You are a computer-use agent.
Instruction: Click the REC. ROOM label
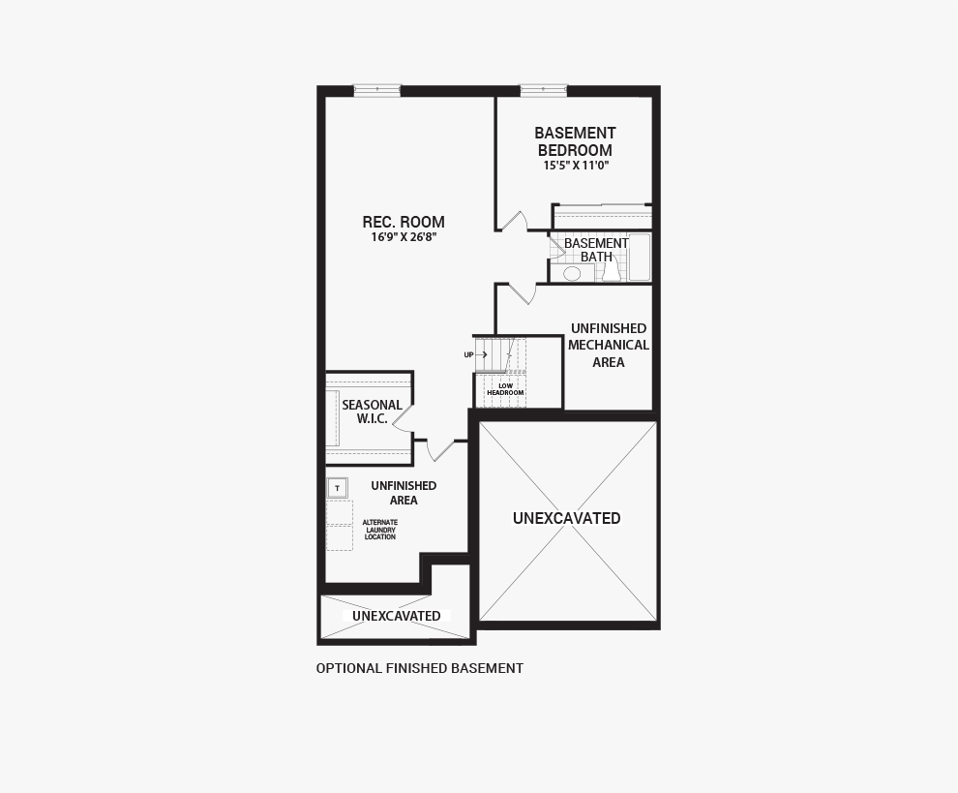(404, 222)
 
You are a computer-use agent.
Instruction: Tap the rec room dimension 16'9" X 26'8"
(404, 237)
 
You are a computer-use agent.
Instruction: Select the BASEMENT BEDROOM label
(575, 141)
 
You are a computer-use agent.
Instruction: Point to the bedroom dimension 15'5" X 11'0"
(575, 166)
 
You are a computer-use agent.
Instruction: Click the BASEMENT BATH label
(596, 250)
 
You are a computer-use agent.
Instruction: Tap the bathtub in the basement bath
(640, 258)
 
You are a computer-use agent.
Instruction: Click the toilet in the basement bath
(611, 272)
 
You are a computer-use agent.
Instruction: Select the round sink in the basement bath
(572, 274)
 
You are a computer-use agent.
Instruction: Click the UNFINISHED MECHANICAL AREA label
(609, 345)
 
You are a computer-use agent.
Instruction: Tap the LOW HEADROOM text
(505, 389)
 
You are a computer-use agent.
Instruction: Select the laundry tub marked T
(337, 487)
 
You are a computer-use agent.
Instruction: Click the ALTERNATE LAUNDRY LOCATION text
(380, 530)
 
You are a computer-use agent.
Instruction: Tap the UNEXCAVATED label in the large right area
(567, 518)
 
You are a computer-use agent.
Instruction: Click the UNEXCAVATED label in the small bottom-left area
(396, 616)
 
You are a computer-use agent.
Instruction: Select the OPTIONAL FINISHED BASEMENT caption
(420, 668)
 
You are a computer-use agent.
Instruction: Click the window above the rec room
(376, 90)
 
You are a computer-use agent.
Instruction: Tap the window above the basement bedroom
(543, 90)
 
